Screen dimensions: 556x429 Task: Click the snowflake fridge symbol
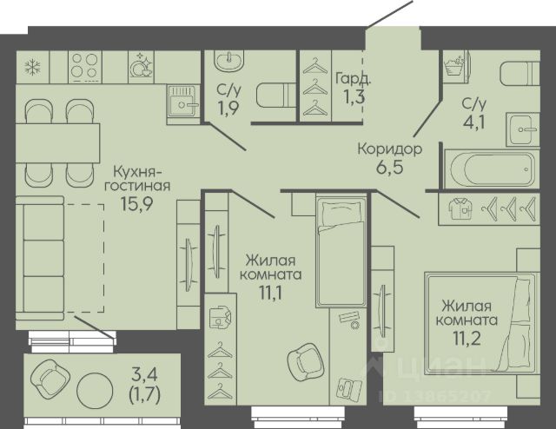(x=33, y=67)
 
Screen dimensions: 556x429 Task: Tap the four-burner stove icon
(x=84, y=67)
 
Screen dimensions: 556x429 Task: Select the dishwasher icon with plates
(x=141, y=65)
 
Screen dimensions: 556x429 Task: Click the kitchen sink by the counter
(x=182, y=102)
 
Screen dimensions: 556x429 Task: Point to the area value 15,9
(x=137, y=203)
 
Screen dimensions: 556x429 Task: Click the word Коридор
(x=390, y=149)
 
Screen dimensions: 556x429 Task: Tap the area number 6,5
(x=390, y=167)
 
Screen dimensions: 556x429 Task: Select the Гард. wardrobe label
(x=354, y=79)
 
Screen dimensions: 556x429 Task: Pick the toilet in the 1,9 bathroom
(x=276, y=95)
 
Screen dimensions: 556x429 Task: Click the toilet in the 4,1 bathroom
(x=520, y=74)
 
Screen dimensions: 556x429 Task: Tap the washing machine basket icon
(x=455, y=66)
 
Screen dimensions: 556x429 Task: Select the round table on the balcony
(x=95, y=391)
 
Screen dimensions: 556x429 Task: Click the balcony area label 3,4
(x=145, y=374)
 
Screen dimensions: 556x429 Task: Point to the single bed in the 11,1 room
(x=341, y=252)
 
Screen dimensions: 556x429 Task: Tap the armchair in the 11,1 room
(x=306, y=362)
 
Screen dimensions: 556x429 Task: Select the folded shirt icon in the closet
(x=460, y=208)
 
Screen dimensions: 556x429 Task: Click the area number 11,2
(x=467, y=338)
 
